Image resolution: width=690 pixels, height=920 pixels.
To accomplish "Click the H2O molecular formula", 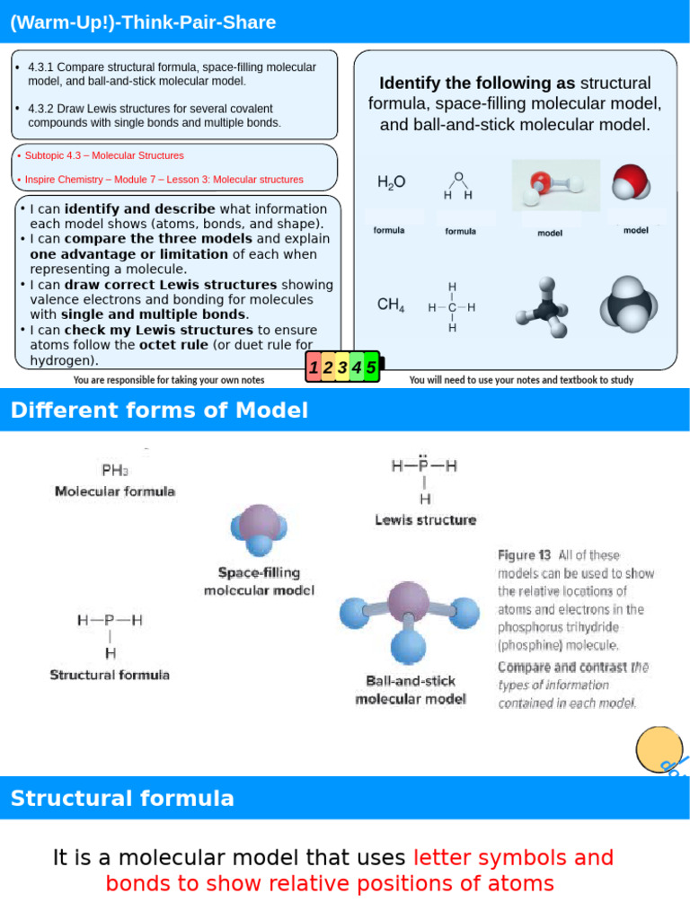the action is coord(391,182).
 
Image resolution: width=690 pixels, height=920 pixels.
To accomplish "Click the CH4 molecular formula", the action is coord(391,305).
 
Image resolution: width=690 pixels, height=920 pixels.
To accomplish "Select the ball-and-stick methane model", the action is coord(543,307).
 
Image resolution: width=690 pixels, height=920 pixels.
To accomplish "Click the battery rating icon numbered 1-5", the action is coord(344,367).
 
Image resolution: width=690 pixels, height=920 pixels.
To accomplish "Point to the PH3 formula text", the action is coord(113,470).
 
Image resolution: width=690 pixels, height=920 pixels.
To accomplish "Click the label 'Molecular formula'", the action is coord(115,491).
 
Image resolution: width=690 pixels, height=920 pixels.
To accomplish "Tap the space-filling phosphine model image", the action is coord(258,532).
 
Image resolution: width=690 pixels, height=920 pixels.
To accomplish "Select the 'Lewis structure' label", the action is coord(425,520).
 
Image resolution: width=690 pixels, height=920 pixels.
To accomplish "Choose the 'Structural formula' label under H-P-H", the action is coord(110,674).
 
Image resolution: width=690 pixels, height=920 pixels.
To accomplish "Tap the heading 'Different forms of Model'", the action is coord(159,411).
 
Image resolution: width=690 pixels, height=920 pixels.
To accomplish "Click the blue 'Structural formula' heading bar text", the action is coord(122,798).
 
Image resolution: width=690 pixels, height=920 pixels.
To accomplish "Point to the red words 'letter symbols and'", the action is coord(514,857).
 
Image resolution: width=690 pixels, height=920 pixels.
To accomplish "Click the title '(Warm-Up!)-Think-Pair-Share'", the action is coord(143,22).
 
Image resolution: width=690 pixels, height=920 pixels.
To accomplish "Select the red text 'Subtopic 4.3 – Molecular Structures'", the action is coord(104,155).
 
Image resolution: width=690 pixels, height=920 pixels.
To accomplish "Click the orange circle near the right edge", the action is coord(659,747).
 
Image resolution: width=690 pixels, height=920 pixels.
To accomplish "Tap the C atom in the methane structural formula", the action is coord(452,307).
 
